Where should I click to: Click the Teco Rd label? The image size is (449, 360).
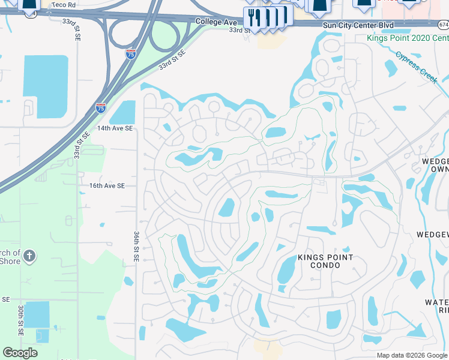(64, 4)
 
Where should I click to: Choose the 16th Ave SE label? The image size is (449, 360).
(107, 186)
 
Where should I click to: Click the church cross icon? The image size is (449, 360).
(29, 257)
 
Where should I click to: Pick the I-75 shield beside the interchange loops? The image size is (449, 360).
(131, 54)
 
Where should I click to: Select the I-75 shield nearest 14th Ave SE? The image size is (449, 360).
(101, 108)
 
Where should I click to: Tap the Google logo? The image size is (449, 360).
(20, 353)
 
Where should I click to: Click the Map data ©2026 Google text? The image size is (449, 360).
(412, 355)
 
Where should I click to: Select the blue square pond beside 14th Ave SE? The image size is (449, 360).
(123, 112)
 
